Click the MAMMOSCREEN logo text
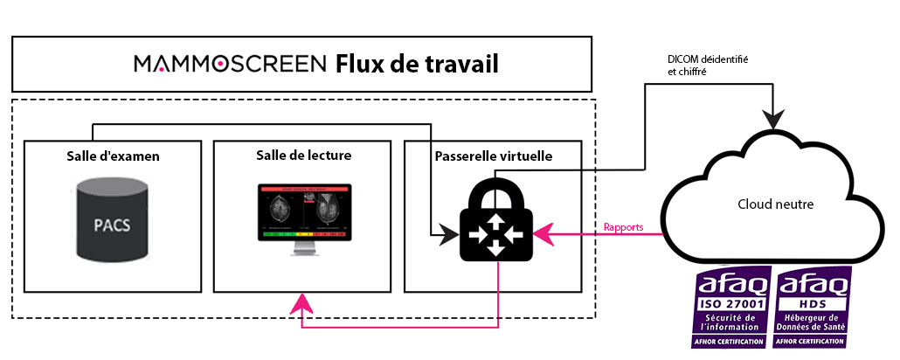(x=230, y=64)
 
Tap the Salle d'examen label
(x=112, y=156)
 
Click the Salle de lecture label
(x=304, y=156)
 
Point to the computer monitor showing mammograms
(x=304, y=214)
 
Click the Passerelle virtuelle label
(x=494, y=156)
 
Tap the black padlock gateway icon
(x=495, y=221)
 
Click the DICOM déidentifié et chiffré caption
(x=708, y=66)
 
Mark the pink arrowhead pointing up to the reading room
(x=302, y=303)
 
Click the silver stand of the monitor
(x=303, y=248)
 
